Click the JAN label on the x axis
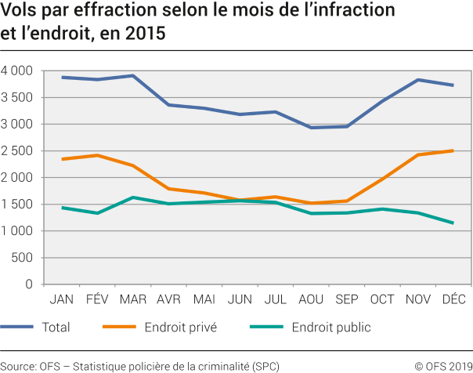coord(62,299)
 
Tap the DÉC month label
coord(453,299)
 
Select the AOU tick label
coord(311,299)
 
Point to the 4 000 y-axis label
coord(16,71)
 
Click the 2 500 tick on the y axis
coord(16,151)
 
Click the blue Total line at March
coord(133,76)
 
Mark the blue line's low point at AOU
coord(311,128)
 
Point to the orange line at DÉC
coord(453,150)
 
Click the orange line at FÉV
coord(97,155)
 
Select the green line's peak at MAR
coord(133,197)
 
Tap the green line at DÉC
coord(453,223)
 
